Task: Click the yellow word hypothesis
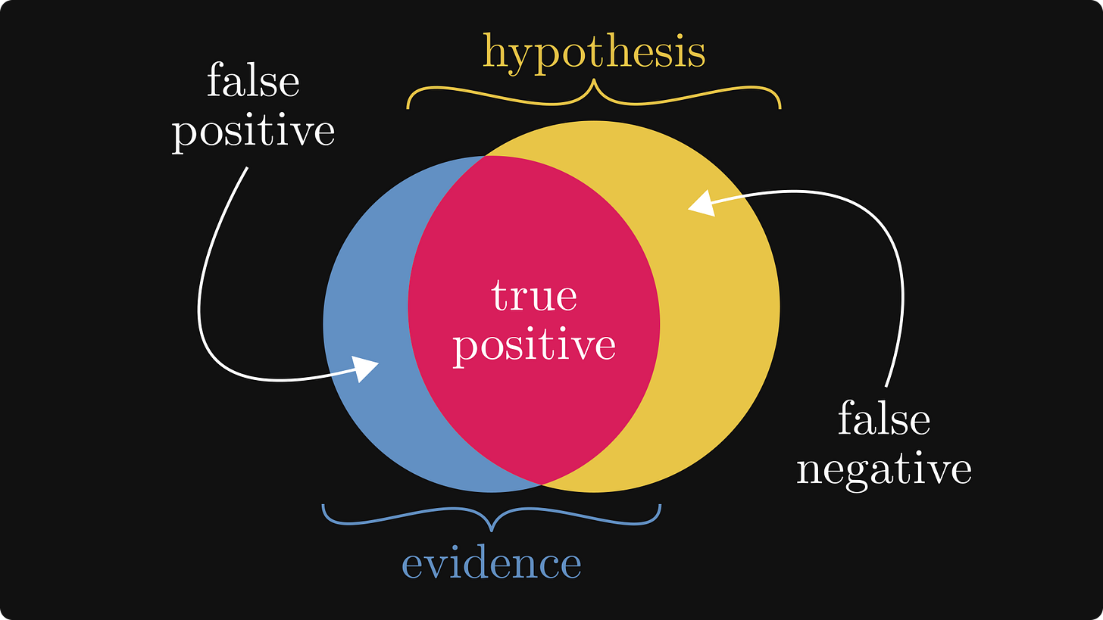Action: [594, 53]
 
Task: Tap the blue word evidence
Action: [491, 563]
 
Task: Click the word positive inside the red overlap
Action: [534, 345]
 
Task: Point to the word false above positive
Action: [253, 82]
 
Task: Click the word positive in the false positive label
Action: [253, 132]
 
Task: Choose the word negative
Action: [883, 469]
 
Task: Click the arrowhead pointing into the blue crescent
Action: [367, 369]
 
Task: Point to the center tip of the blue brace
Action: [492, 528]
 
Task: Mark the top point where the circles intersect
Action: [486, 156]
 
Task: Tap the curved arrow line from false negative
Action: [900, 288]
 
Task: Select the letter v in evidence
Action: [434, 565]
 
